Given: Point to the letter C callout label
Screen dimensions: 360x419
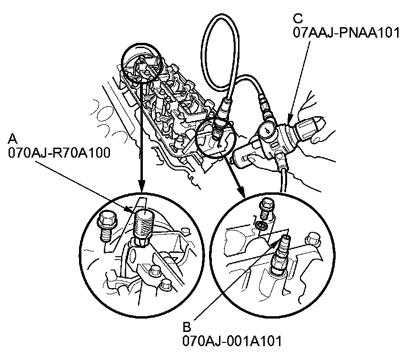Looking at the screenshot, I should click(x=298, y=19).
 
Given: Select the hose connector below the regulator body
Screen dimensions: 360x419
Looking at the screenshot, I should click(x=283, y=159).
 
